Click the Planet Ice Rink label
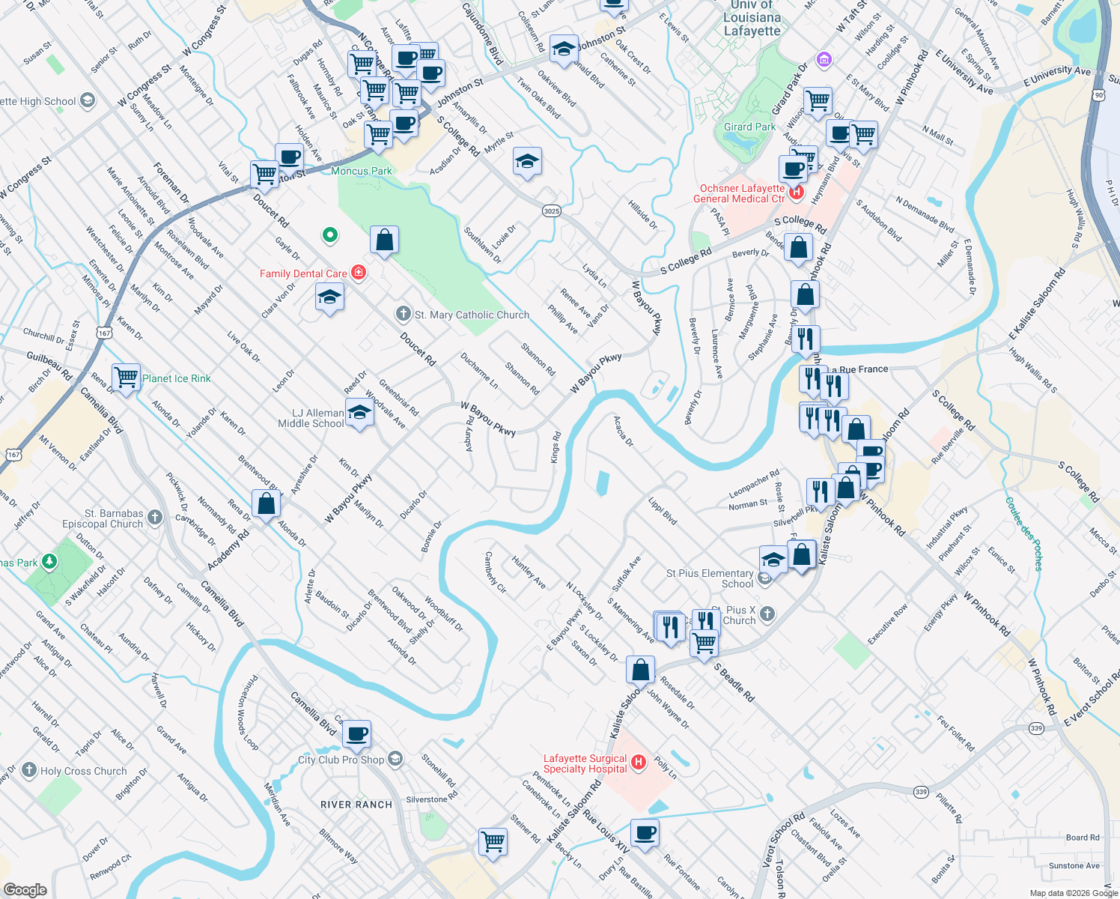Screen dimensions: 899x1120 177,378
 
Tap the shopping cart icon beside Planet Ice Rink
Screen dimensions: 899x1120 127,377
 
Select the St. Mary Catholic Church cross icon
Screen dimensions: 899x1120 404,314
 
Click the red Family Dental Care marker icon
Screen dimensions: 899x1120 359,273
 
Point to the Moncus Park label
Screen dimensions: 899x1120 362,171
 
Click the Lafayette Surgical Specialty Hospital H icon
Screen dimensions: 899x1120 639,763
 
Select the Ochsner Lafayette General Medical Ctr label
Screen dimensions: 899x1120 739,193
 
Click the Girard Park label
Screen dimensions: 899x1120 749,127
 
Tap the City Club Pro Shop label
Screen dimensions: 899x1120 341,760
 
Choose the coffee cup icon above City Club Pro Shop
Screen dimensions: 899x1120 357,733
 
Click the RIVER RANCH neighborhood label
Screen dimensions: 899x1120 356,805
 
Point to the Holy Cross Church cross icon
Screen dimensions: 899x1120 29,770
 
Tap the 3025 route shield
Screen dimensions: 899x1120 551,211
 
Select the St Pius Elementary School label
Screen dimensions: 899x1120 710,578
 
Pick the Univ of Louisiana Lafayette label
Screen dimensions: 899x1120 752,19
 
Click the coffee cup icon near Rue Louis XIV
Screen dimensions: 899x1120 644,832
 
